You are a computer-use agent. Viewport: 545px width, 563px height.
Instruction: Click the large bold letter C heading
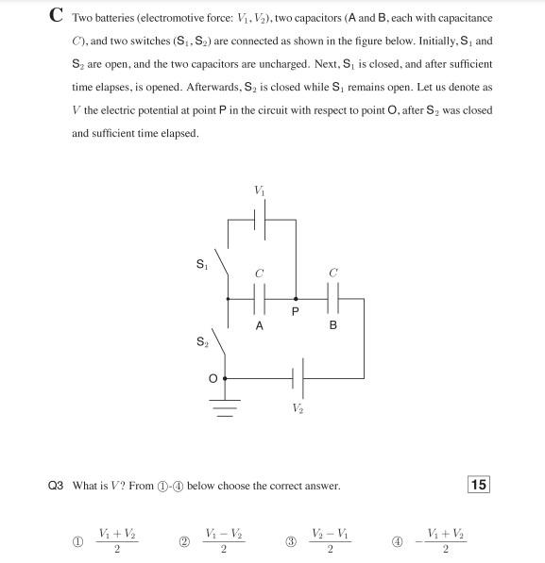[x=56, y=16]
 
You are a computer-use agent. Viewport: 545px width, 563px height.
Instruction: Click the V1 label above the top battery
[x=260, y=190]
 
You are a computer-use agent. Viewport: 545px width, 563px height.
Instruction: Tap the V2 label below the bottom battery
[x=298, y=407]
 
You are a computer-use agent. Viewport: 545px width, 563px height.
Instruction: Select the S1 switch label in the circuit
[x=200, y=265]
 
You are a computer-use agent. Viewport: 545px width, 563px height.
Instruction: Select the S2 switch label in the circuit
[x=201, y=341]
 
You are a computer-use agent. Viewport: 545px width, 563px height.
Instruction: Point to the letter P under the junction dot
[x=296, y=315]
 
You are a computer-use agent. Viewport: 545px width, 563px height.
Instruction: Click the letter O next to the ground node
[x=213, y=378]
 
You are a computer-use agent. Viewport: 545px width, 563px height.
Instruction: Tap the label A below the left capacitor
[x=260, y=325]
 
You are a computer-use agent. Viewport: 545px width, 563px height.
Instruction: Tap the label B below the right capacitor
[x=332, y=325]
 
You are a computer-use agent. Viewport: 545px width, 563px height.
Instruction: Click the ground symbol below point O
[x=225, y=406]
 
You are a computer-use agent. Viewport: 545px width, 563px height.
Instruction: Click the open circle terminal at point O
[x=225, y=378]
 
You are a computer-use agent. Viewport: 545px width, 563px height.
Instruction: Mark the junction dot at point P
[x=296, y=298]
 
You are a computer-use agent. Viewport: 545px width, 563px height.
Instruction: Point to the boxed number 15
[x=479, y=485]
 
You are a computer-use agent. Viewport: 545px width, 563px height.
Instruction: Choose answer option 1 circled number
[x=78, y=541]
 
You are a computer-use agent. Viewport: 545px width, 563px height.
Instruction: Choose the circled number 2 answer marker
[x=184, y=541]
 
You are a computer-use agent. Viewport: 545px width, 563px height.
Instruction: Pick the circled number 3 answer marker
[x=292, y=541]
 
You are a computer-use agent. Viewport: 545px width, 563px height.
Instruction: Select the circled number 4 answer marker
[x=398, y=541]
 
